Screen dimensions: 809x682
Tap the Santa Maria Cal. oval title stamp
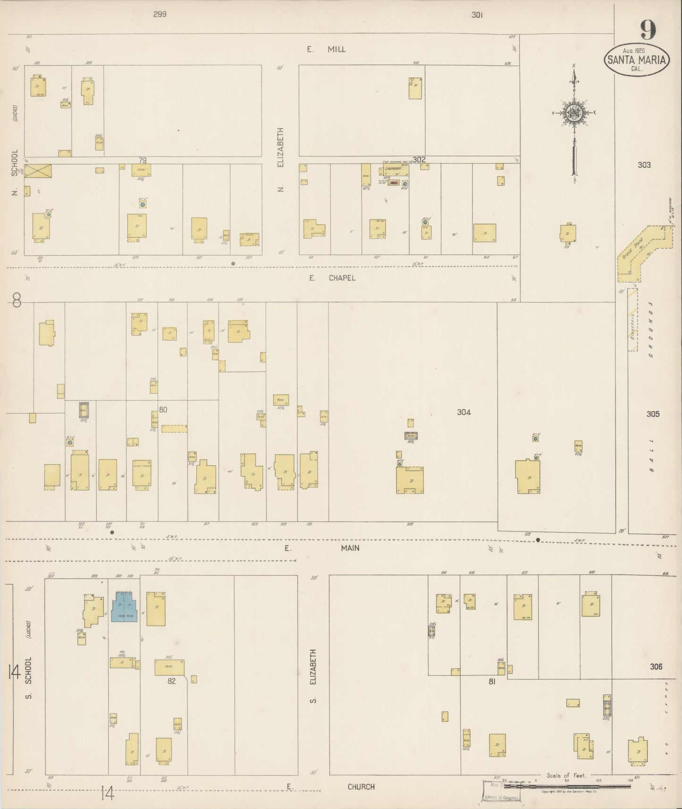637,60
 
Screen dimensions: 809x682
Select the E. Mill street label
326,49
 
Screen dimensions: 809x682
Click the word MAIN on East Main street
350,548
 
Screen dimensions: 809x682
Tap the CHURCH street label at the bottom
361,787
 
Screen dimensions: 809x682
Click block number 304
463,412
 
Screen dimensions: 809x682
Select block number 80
163,410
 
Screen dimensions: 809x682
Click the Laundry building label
393,169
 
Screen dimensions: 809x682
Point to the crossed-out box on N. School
38,171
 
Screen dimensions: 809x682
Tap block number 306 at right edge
656,667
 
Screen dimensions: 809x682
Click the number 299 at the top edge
160,15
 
